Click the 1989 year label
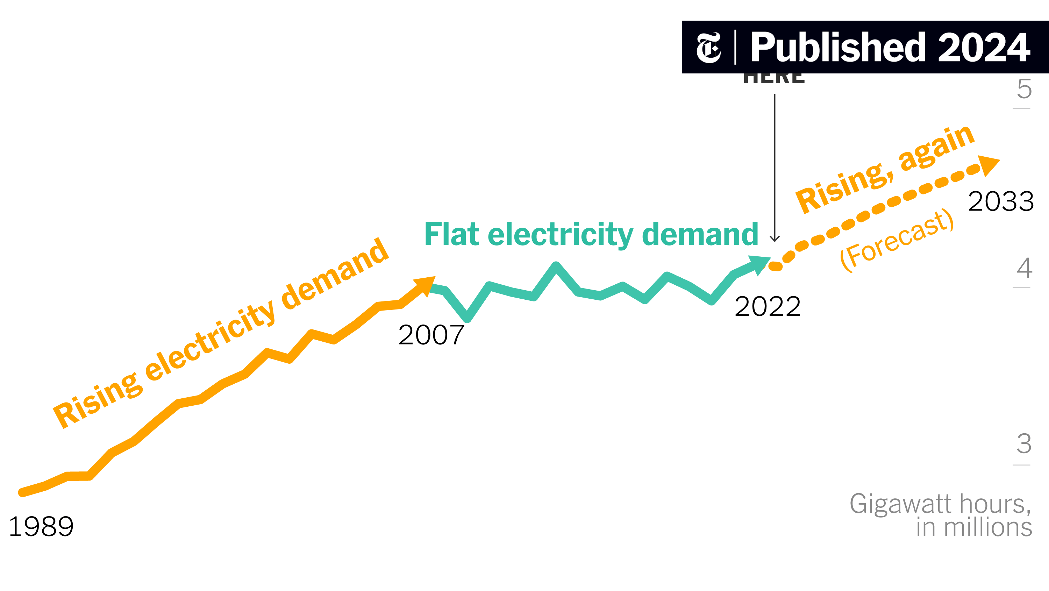click(41, 527)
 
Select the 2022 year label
click(768, 306)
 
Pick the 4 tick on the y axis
click(1024, 269)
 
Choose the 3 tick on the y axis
click(1024, 444)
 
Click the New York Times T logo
click(708, 48)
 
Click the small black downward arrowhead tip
click(775, 240)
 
